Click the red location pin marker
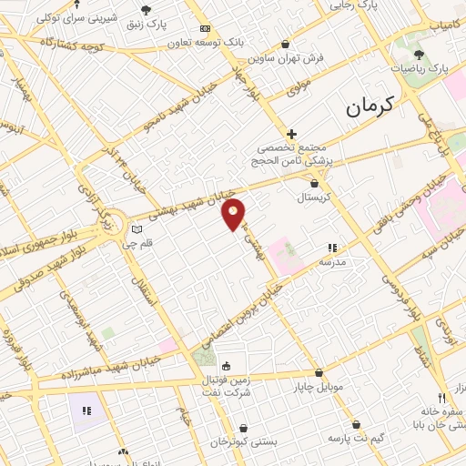[234, 214]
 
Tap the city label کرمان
[372, 106]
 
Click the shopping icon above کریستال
[314, 183]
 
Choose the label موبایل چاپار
[319, 387]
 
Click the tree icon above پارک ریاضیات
[420, 54]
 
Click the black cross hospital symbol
[291, 134]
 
